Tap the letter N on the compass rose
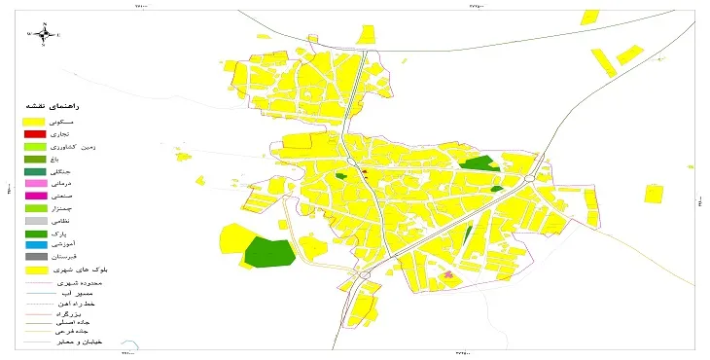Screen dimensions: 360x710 [44, 24]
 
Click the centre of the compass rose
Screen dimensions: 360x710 [44, 35]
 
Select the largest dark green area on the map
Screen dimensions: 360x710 [269, 251]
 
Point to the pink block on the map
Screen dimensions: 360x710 [448, 276]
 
